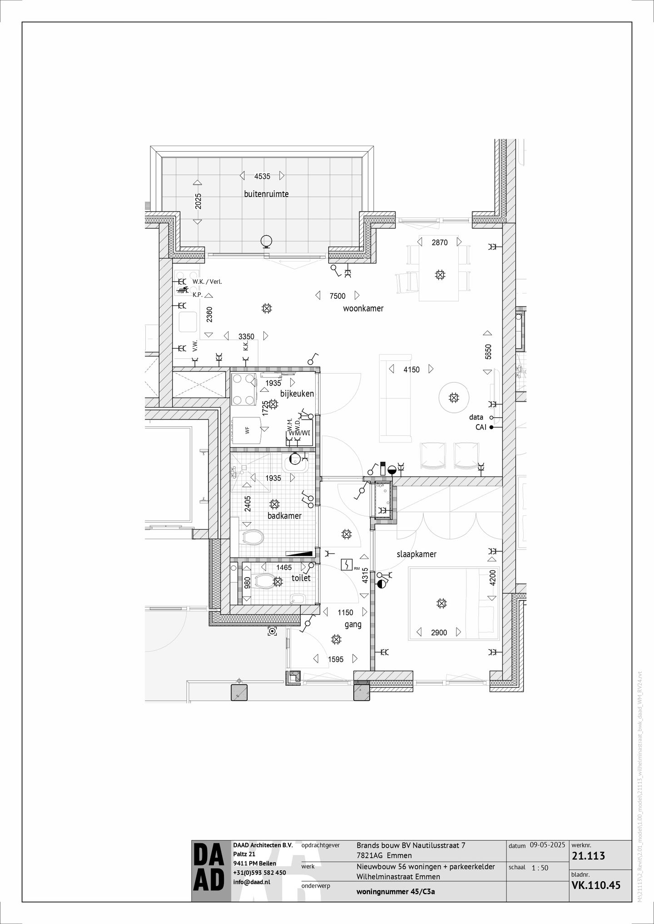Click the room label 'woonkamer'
[x=363, y=309]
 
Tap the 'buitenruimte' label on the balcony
[x=266, y=194]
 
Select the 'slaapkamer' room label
[x=416, y=554]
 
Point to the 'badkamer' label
[x=285, y=516]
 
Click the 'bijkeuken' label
[x=297, y=394]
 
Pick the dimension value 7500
[x=337, y=296]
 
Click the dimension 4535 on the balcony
[x=262, y=176]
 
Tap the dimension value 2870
[x=439, y=242]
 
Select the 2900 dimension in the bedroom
[x=439, y=632]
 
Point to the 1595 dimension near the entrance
[x=336, y=659]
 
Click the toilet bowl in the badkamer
[x=253, y=538]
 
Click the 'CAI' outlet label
[x=481, y=427]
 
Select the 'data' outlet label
[x=476, y=417]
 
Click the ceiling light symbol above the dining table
[x=439, y=274]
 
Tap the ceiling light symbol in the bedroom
[x=441, y=603]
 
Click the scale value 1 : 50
[x=540, y=868]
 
